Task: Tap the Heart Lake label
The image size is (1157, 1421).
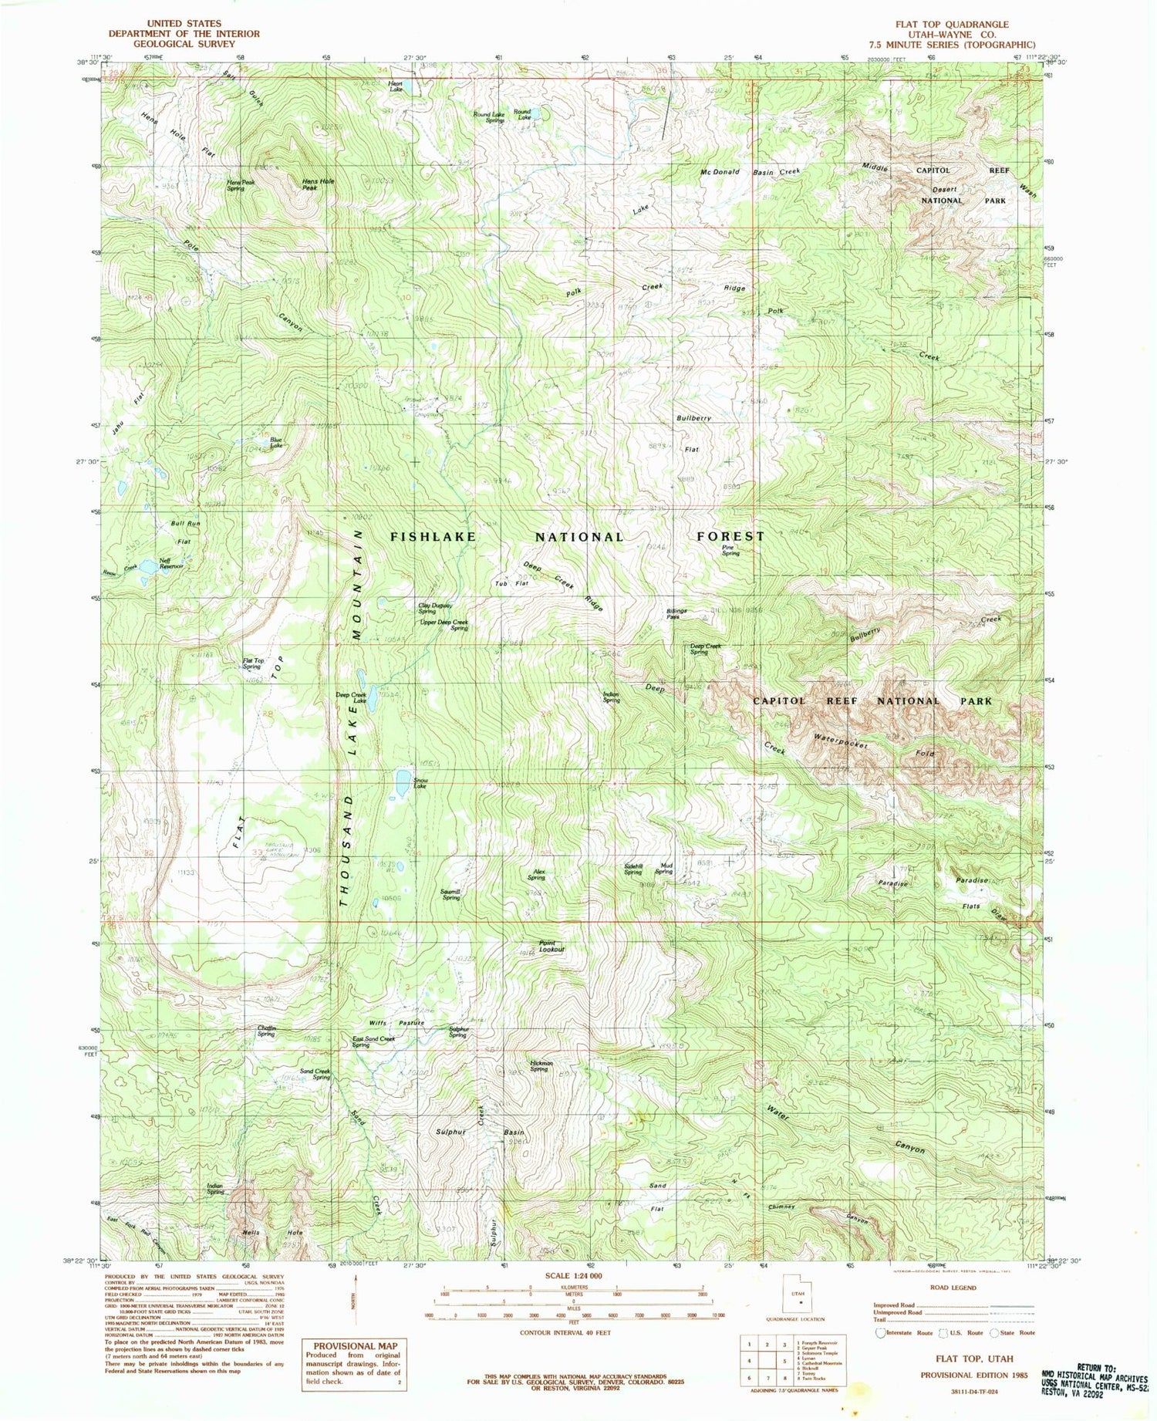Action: coord(395,86)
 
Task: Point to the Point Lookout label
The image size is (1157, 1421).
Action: coord(552,946)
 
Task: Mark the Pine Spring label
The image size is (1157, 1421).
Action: coord(730,549)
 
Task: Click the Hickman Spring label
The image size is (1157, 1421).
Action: coord(538,1065)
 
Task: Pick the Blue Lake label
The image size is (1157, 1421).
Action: coord(275,442)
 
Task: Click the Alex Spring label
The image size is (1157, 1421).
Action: coord(537,874)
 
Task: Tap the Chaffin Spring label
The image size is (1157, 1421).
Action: coord(266,1031)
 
